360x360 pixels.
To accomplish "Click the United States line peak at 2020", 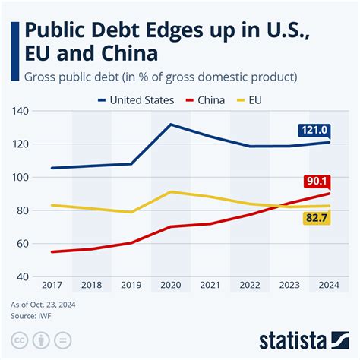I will coord(170,124).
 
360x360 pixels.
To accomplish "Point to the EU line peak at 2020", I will coord(170,191).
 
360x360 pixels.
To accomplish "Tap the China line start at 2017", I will coord(52,251).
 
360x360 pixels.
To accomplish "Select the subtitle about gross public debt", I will coord(159,77).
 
